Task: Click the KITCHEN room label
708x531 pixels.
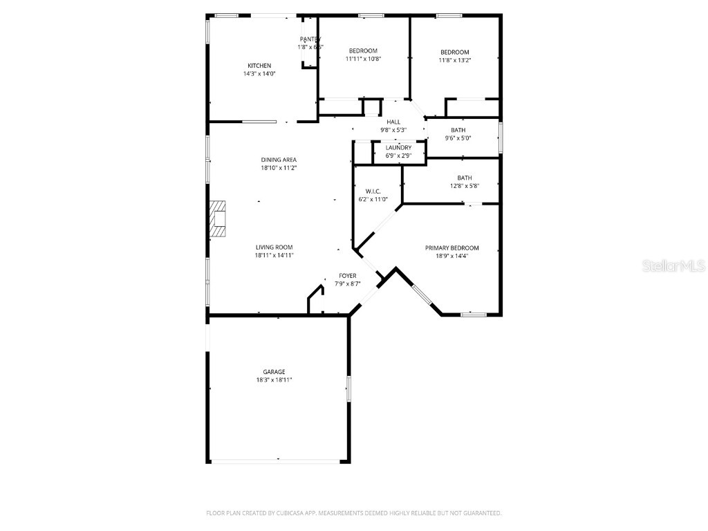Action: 259,66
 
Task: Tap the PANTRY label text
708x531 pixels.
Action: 310,39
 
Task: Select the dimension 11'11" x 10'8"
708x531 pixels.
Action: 363,59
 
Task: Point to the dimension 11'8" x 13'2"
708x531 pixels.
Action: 455,60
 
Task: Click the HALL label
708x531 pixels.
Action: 393,122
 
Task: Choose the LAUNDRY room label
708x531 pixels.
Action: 398,147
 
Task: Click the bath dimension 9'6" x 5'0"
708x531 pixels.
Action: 458,138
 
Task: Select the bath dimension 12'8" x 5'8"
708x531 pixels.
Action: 464,185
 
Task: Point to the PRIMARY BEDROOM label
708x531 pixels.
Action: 452,248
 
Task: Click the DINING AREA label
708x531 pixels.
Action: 279,160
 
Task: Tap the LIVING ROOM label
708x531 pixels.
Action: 274,247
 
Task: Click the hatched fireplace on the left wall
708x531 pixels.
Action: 218,219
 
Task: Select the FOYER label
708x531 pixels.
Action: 347,275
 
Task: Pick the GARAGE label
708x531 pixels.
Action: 274,371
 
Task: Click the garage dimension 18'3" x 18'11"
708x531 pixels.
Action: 274,380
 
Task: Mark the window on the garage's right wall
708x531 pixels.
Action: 349,389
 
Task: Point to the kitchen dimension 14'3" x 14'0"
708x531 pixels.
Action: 259,74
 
